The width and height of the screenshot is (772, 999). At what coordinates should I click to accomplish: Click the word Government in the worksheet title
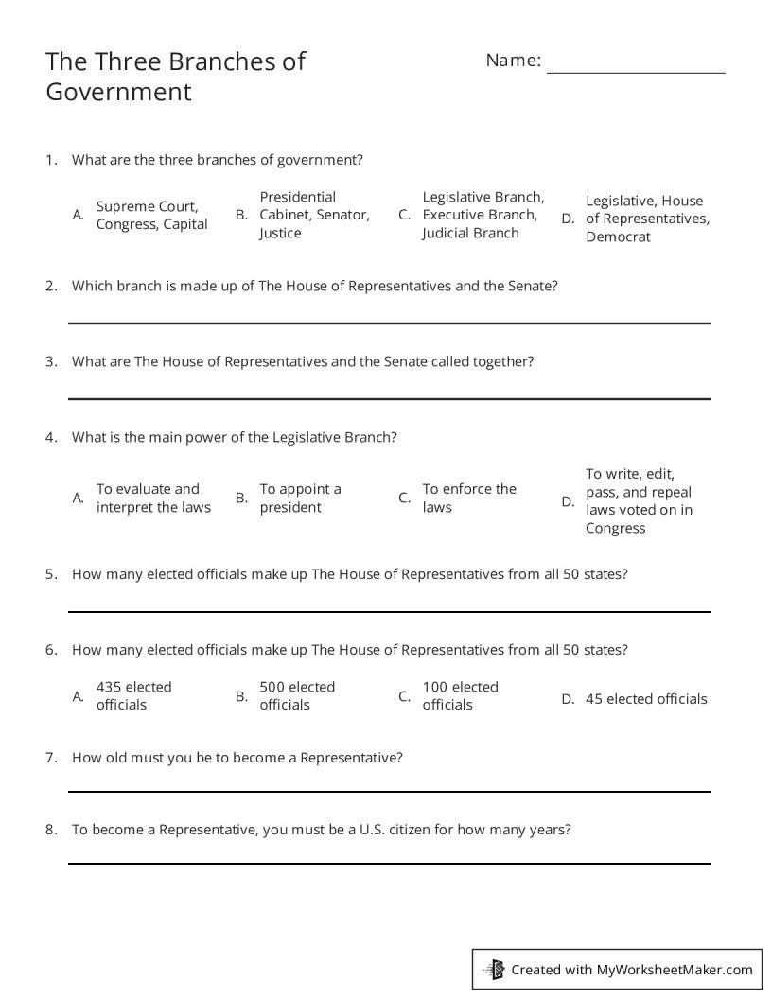point(118,92)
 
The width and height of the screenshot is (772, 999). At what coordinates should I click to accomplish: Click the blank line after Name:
point(636,71)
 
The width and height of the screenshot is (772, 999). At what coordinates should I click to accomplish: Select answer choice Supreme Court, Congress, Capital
point(151,215)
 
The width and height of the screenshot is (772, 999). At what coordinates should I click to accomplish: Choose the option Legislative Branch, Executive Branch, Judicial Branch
point(482,215)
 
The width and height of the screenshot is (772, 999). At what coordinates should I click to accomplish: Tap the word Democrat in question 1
point(618,237)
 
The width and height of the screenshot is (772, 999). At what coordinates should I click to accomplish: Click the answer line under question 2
point(389,324)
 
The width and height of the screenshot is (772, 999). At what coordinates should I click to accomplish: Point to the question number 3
point(51,361)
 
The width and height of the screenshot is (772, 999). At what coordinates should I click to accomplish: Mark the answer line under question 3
point(389,399)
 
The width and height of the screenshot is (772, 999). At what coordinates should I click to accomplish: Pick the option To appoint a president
point(300,498)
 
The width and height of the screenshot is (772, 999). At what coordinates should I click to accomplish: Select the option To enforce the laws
point(469,498)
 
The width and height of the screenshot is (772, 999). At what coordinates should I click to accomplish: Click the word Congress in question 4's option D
point(615,528)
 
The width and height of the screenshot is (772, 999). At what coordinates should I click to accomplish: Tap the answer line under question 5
point(389,612)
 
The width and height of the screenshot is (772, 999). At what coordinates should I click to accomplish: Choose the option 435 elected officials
point(133,695)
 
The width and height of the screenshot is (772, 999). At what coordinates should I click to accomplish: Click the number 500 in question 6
point(272,687)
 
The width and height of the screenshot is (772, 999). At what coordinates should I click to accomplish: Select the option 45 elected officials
point(646,699)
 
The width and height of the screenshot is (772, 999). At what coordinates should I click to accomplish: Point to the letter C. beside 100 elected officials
point(404,696)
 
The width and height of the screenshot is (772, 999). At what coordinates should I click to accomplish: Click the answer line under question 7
point(389,792)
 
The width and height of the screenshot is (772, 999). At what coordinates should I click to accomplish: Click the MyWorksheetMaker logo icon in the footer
point(495,969)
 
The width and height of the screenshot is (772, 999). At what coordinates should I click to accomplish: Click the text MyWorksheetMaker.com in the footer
point(675,969)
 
